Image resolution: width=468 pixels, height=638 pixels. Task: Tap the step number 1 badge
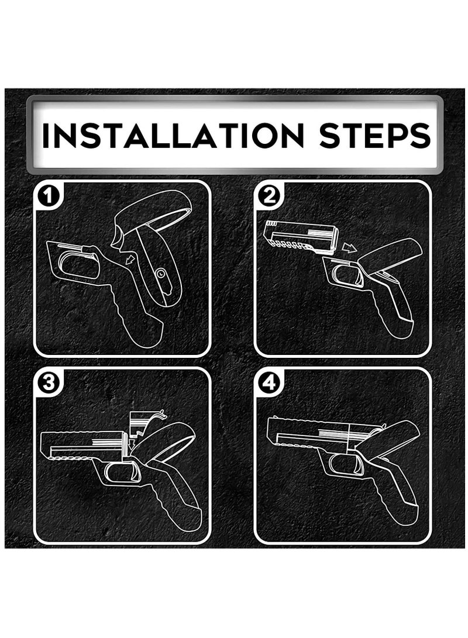(49, 196)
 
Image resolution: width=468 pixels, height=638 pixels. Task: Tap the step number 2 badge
(269, 196)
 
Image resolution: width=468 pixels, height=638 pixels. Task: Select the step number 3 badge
(49, 383)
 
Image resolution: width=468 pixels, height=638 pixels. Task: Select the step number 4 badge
(269, 383)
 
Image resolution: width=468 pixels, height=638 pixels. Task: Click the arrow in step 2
(349, 247)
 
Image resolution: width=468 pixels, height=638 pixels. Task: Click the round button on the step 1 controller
(161, 274)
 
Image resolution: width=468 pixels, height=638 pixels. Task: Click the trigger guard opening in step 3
(122, 472)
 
